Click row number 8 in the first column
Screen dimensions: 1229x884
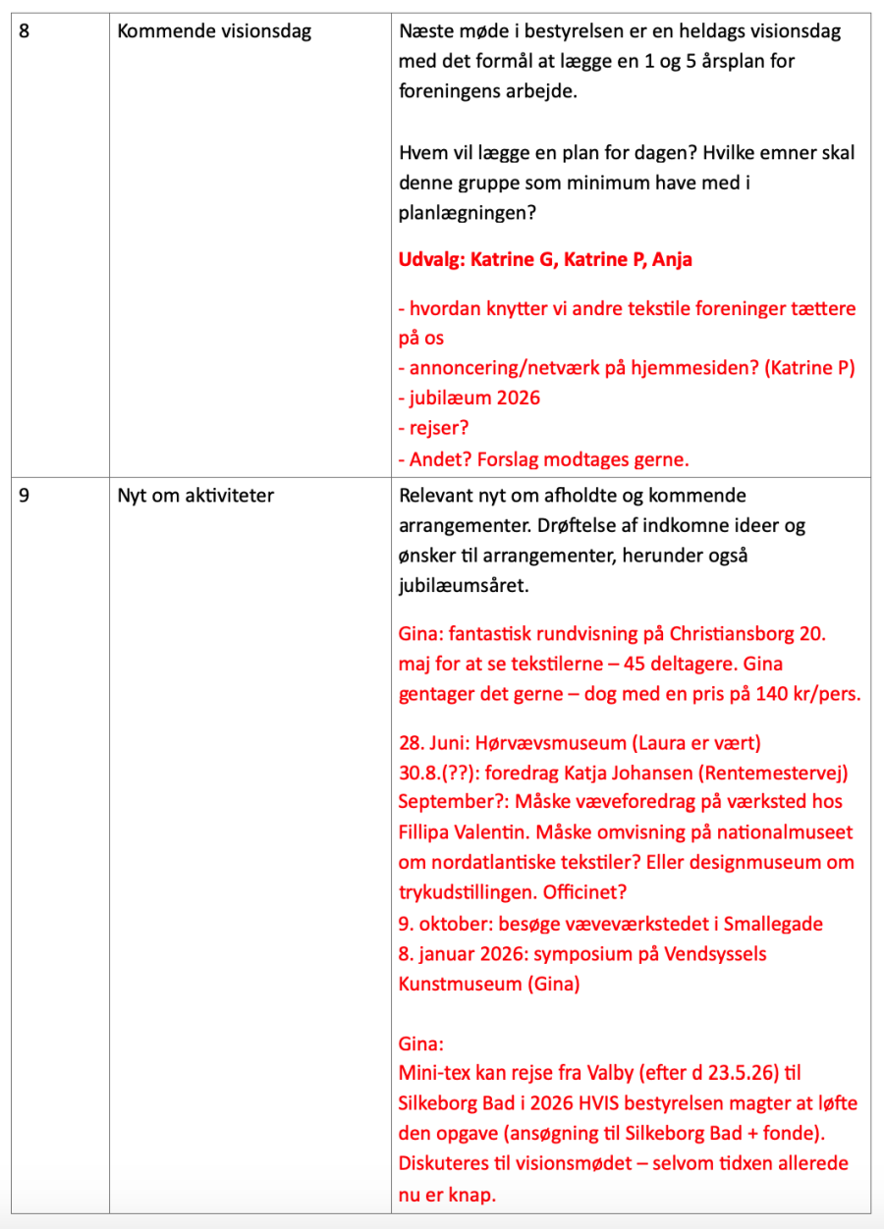pyautogui.click(x=25, y=31)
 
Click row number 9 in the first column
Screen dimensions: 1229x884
pyautogui.click(x=25, y=496)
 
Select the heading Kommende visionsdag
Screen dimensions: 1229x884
pyautogui.click(x=214, y=31)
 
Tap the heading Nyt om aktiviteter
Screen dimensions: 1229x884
pyautogui.click(x=195, y=496)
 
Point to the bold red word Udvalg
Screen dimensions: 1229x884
pyautogui.click(x=429, y=260)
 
